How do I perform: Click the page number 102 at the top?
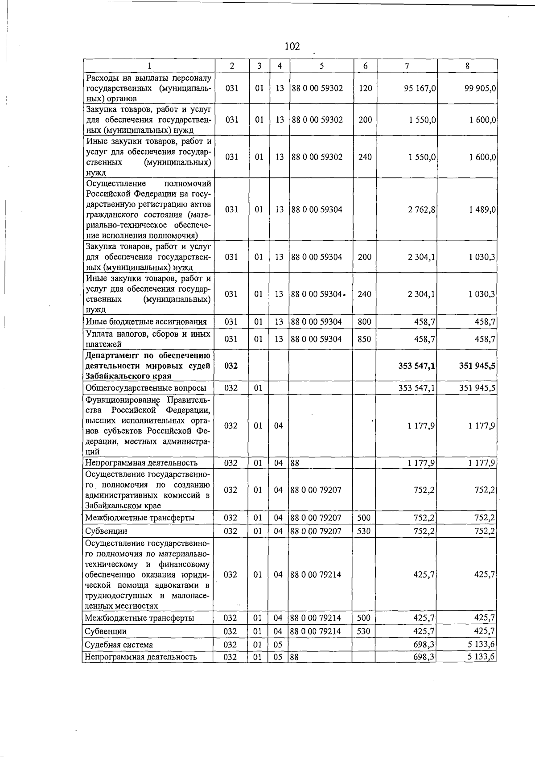click(x=292, y=46)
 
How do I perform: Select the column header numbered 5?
click(x=321, y=66)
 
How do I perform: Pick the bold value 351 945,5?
click(x=477, y=366)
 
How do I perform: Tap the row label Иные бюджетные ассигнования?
click(x=146, y=322)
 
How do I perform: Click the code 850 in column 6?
click(x=365, y=339)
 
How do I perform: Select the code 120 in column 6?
click(x=365, y=88)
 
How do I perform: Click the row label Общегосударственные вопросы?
click(x=146, y=388)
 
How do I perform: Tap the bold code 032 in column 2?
click(x=230, y=366)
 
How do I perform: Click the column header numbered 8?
click(x=467, y=66)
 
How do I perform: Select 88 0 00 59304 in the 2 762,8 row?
click(x=317, y=210)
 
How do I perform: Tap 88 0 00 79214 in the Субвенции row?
click(x=315, y=631)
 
